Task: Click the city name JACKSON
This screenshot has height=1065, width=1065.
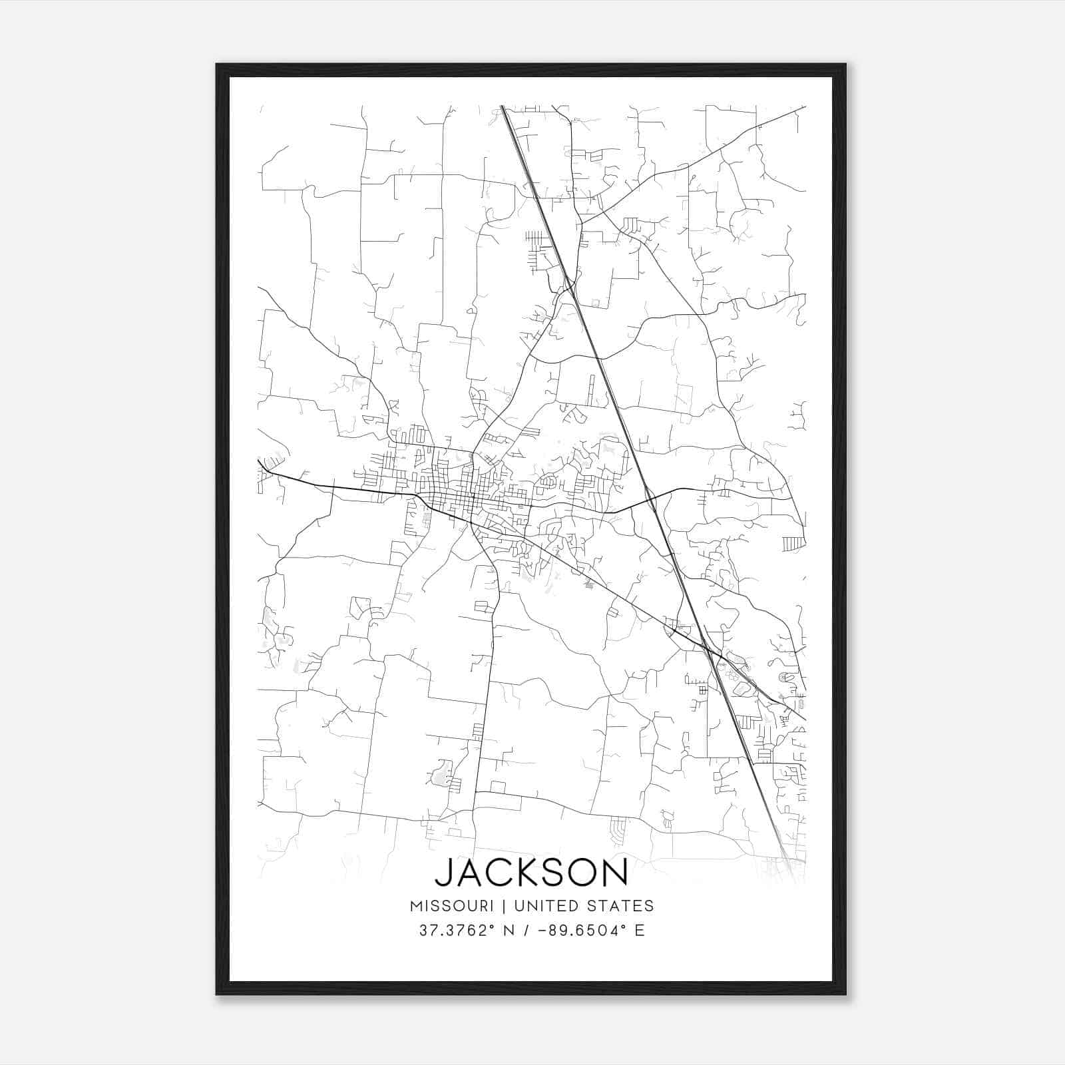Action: click(x=531, y=873)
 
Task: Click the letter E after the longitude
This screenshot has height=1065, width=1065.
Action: click(x=640, y=931)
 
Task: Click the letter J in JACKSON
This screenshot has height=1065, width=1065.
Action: click(x=443, y=873)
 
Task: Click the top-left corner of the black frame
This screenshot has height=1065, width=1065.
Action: click(x=217, y=65)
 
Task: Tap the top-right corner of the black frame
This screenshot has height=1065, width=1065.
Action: click(x=845, y=65)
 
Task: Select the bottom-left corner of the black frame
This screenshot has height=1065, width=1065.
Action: click(x=217, y=994)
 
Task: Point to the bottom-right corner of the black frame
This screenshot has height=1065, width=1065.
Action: click(x=845, y=994)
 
